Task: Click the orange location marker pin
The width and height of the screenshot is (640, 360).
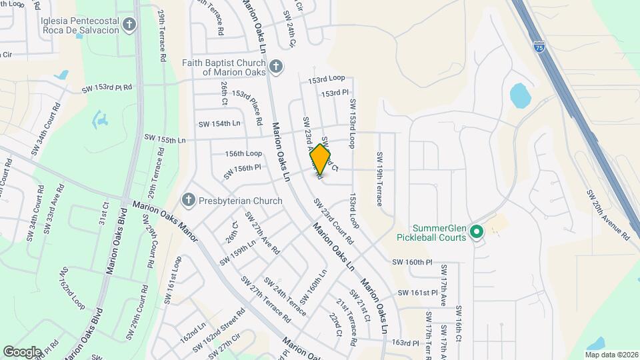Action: pyautogui.click(x=321, y=159)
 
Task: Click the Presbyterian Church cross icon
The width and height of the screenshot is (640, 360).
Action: pyautogui.click(x=189, y=200)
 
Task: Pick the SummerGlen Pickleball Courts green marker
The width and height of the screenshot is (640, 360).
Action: pyautogui.click(x=476, y=231)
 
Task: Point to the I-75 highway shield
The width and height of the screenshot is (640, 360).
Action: pyautogui.click(x=539, y=47)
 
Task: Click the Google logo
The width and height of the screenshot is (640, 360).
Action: pyautogui.click(x=22, y=351)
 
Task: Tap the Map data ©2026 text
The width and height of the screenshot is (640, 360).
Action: pyautogui.click(x=611, y=354)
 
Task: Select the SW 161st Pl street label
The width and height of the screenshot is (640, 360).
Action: pyautogui.click(x=417, y=293)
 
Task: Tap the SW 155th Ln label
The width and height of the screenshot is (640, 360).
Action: pyautogui.click(x=165, y=139)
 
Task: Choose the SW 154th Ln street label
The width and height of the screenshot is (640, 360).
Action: pyautogui.click(x=219, y=124)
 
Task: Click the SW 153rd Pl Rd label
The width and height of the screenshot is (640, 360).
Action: pyautogui.click(x=107, y=87)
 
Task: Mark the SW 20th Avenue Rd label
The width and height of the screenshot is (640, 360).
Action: pyautogui.click(x=607, y=214)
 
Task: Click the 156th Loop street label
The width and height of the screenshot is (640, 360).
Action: pyautogui.click(x=243, y=153)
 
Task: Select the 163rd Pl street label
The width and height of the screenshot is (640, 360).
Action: pyautogui.click(x=405, y=343)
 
